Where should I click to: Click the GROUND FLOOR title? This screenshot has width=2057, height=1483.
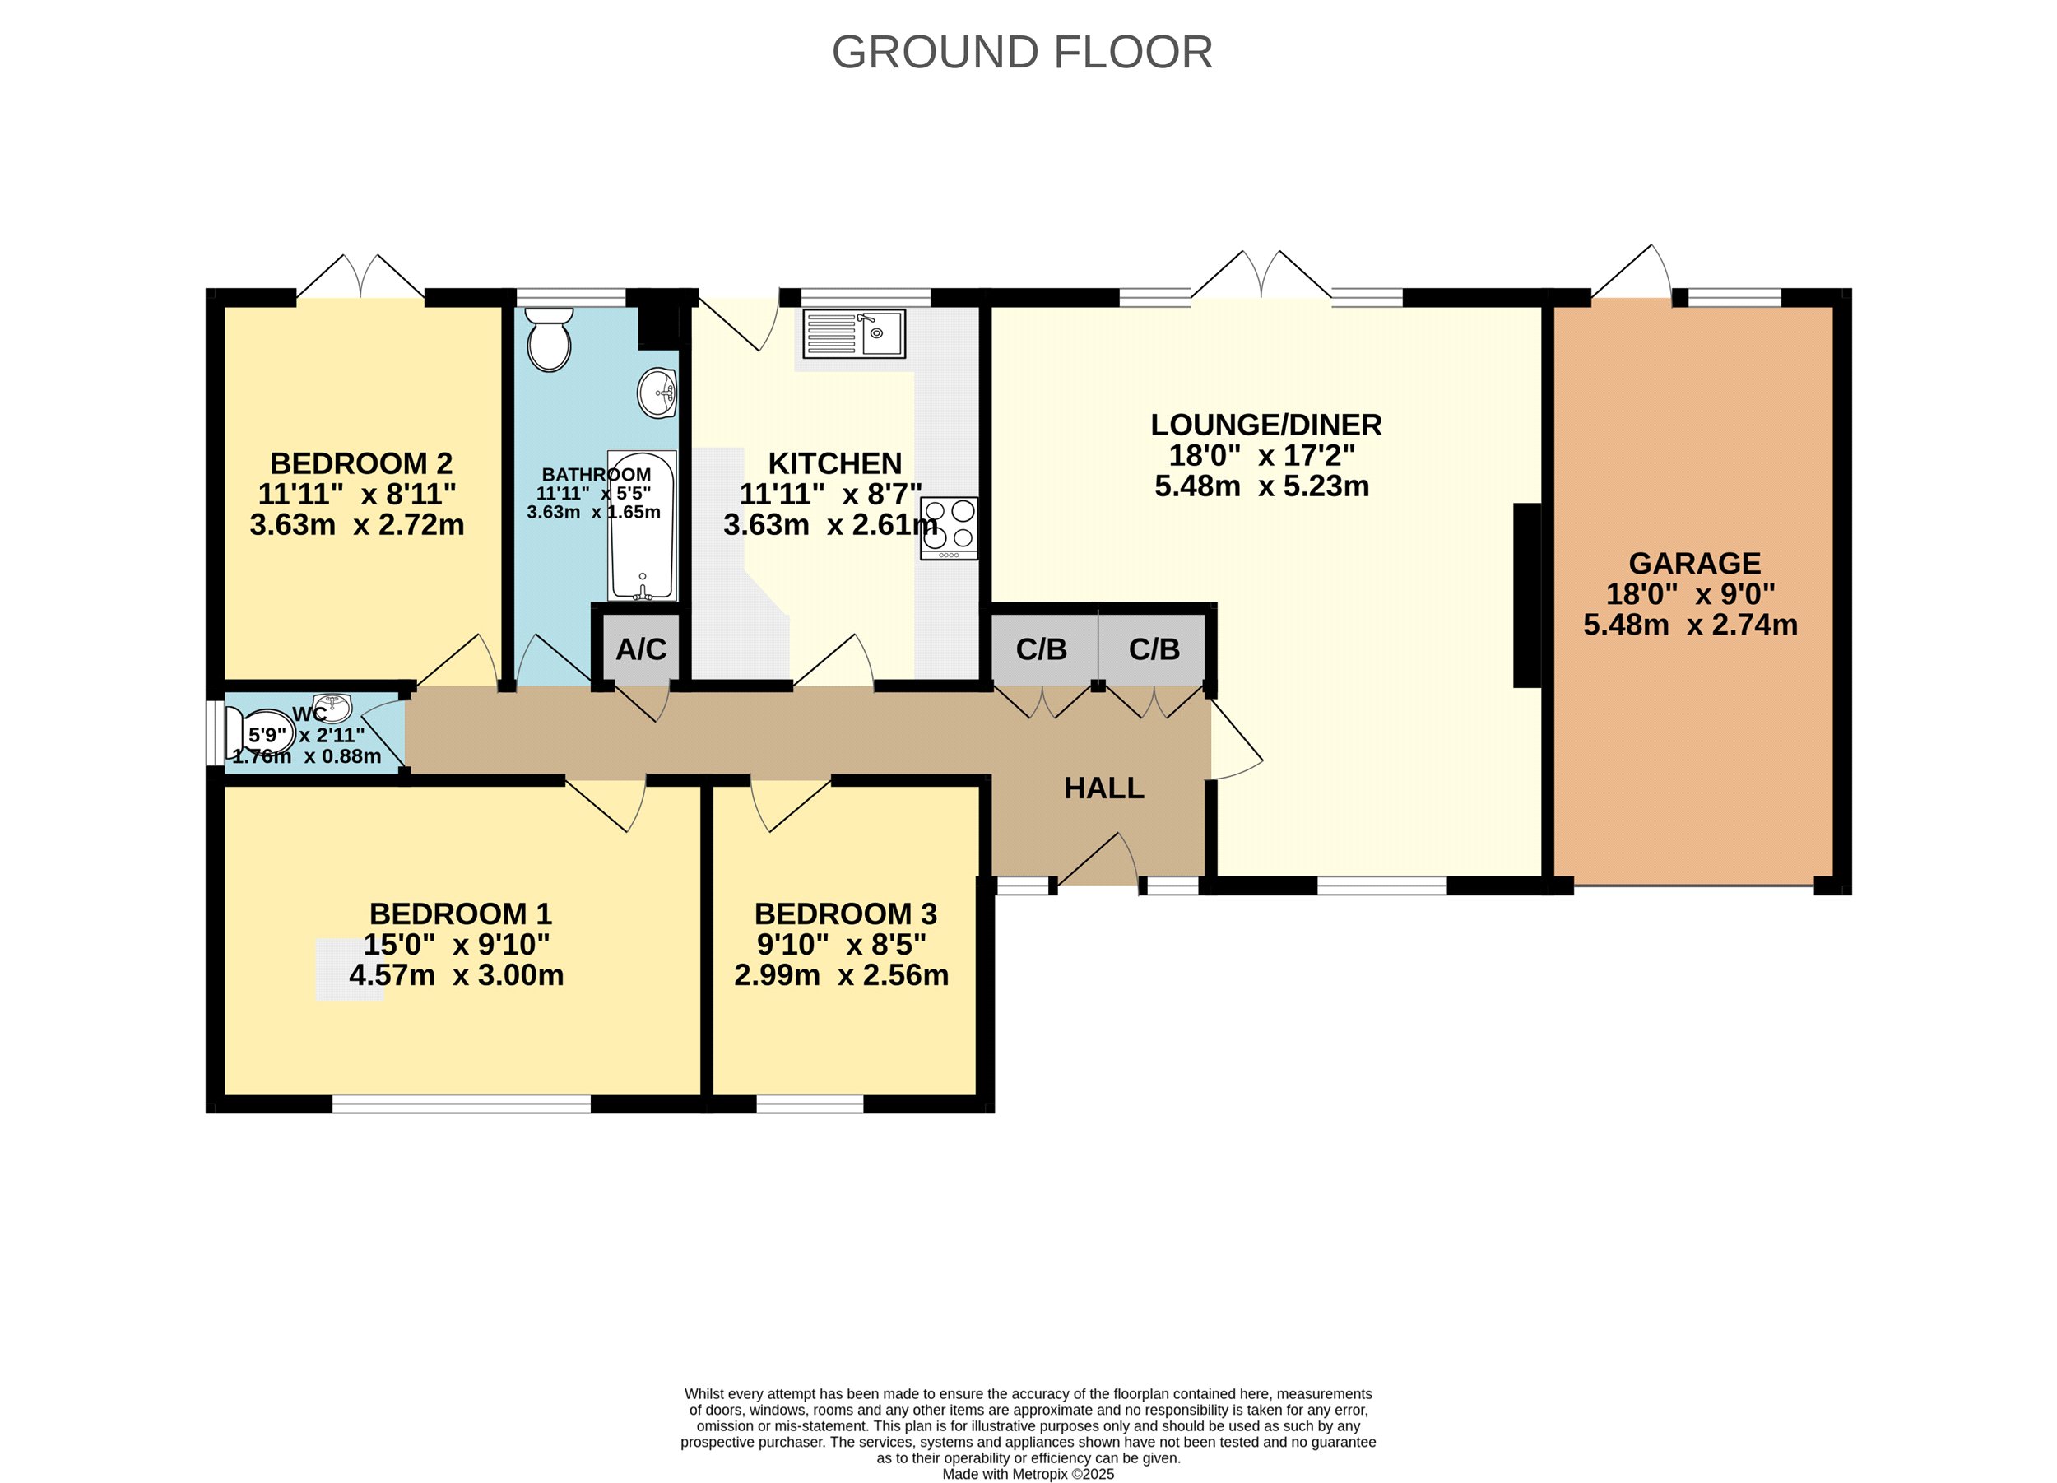[x=1022, y=53]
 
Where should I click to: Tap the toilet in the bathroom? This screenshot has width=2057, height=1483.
[x=550, y=339]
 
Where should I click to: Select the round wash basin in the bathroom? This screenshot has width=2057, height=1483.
[x=657, y=393]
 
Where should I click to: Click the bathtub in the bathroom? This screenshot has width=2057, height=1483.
[x=642, y=526]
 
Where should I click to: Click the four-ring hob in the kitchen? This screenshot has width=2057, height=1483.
[x=950, y=528]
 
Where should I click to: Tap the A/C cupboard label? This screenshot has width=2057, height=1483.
[x=641, y=649]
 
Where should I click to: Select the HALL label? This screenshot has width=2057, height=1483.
[x=1103, y=788]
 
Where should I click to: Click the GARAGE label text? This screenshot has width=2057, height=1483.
[x=1695, y=563]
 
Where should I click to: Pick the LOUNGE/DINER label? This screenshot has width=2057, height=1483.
[x=1266, y=425]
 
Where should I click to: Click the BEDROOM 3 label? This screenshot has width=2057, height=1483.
[x=846, y=914]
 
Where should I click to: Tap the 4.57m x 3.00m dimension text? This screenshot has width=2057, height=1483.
[x=456, y=975]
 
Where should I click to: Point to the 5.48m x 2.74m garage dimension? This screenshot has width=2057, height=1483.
[x=1691, y=624]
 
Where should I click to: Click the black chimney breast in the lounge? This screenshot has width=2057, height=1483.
[x=1528, y=595]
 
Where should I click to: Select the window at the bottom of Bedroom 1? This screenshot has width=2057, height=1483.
[x=462, y=1104]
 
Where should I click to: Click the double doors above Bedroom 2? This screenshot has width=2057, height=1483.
[x=361, y=277]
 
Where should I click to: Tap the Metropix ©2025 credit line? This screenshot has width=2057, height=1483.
[x=1028, y=1474]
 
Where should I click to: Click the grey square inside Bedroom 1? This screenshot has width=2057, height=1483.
[x=350, y=969]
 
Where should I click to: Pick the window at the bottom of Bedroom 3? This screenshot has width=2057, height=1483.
[x=810, y=1104]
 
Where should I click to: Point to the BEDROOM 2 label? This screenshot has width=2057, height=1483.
[x=361, y=463]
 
